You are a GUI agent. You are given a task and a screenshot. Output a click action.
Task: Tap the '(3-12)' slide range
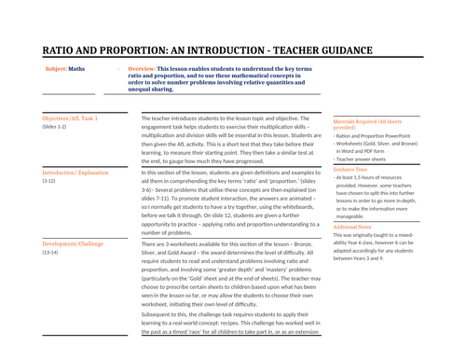(x=50, y=182)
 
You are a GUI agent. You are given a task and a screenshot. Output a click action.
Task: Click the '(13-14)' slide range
(x=52, y=253)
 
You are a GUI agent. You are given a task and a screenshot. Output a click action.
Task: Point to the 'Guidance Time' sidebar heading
(x=352, y=169)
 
